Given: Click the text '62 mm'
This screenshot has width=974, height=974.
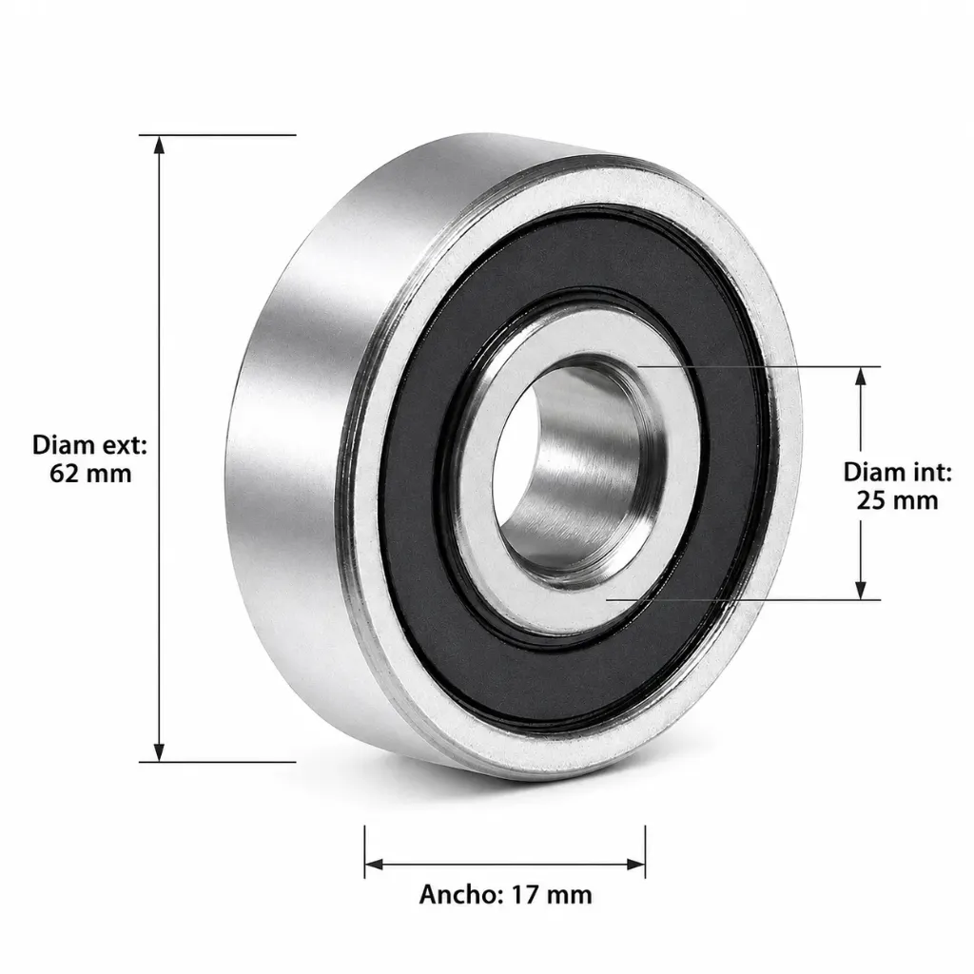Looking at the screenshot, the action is point(90,474).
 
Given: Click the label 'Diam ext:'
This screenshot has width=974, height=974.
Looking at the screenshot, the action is point(90,445).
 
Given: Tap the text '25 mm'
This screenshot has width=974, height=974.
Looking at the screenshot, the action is point(897,500).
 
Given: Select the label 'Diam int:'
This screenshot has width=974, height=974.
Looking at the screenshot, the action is point(897,473).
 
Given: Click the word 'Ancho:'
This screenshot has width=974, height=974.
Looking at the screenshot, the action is point(461,894).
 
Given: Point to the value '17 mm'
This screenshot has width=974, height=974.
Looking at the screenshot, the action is point(552,895).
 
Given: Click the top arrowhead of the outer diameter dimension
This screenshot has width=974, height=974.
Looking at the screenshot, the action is point(160,145).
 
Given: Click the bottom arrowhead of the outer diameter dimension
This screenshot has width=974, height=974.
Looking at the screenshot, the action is point(160,751).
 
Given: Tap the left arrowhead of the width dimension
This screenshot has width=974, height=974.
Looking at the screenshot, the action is point(375,864).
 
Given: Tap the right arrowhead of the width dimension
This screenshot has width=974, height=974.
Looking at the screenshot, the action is point(635,864).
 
